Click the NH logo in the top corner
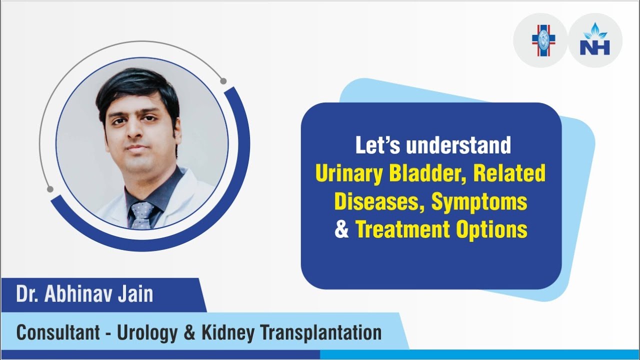pos(595,40)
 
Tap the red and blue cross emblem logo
pos(542,40)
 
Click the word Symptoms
pos(479,202)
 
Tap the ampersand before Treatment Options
pos(342,230)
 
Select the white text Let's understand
pos(433,145)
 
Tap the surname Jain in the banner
pos(135,294)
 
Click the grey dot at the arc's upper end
pos(223,81)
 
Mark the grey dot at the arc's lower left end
pos(50,189)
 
